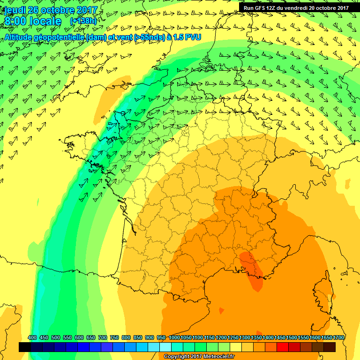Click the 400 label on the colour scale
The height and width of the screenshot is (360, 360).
coord(32,338)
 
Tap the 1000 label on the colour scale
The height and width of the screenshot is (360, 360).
coord(174,338)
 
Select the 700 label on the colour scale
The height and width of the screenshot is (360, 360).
coord(103,338)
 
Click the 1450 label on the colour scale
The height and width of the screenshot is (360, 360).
coord(280,338)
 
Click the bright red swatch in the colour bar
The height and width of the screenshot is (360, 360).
coord(283,347)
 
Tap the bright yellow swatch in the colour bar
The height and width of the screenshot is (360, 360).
coord(236,347)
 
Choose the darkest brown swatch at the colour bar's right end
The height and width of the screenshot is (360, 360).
coord(330,347)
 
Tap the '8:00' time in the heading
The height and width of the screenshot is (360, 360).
coord(16,22)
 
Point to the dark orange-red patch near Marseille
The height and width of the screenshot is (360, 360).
coord(252,270)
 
